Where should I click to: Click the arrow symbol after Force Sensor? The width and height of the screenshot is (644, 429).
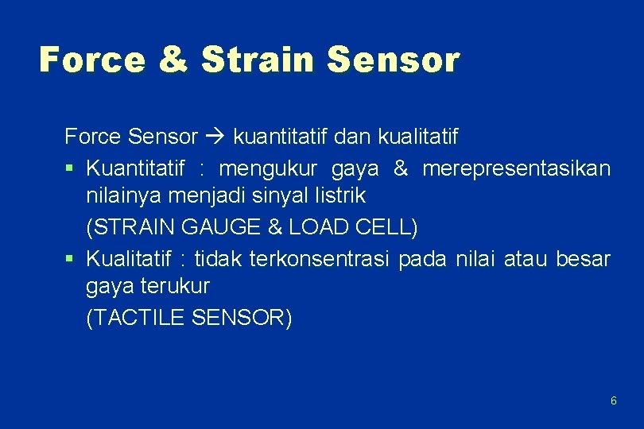[215, 137]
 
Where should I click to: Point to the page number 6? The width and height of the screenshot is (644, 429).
[613, 401]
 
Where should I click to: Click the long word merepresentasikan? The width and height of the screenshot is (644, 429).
[516, 168]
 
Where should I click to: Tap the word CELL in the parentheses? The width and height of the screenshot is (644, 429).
[386, 228]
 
